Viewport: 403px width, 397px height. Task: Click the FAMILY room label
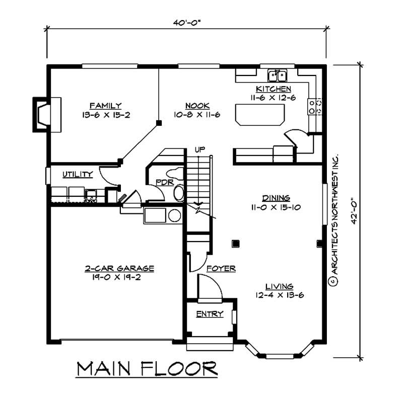point(105,106)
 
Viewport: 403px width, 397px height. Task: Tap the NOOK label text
point(194,106)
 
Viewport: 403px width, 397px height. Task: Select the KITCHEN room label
point(273,89)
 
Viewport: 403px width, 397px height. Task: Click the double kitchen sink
point(277,76)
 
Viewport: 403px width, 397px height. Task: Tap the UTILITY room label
point(78,175)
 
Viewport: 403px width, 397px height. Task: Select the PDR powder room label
point(164,182)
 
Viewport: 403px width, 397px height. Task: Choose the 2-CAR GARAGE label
point(119,269)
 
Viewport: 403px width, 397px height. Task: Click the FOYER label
point(221,269)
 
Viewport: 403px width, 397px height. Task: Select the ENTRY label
point(210,314)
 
